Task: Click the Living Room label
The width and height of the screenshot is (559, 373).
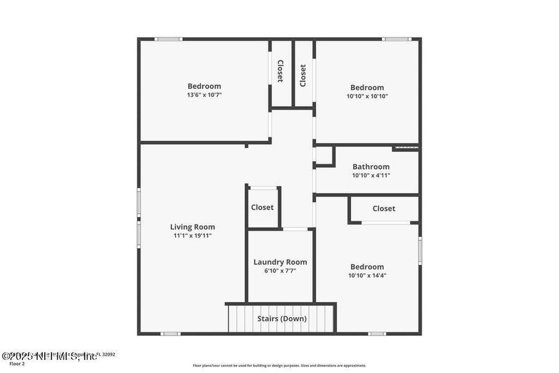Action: click(x=193, y=227)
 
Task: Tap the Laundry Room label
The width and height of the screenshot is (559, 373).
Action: click(x=280, y=262)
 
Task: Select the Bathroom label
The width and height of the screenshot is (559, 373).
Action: click(x=371, y=167)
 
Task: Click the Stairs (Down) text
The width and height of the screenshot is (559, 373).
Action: click(x=282, y=319)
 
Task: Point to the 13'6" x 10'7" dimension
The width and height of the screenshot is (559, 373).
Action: click(x=204, y=95)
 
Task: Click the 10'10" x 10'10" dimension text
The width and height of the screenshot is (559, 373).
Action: click(x=367, y=96)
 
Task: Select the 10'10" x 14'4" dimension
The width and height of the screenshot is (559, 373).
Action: click(x=366, y=275)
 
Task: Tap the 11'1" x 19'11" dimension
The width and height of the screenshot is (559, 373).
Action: click(x=193, y=236)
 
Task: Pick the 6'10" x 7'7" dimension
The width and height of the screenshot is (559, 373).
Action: click(x=280, y=270)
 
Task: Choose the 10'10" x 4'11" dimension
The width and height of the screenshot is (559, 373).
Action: click(x=371, y=175)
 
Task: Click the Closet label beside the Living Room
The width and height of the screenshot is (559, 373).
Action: click(x=262, y=207)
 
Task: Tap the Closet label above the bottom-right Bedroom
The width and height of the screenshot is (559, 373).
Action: click(x=384, y=209)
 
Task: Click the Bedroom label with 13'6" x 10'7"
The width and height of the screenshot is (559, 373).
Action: click(x=204, y=86)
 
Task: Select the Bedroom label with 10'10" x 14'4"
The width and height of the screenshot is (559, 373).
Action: click(x=366, y=267)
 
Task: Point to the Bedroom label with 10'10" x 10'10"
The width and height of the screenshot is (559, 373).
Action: click(x=367, y=88)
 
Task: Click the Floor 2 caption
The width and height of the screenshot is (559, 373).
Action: click(x=17, y=364)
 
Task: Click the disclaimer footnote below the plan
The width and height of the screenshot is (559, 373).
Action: click(x=279, y=366)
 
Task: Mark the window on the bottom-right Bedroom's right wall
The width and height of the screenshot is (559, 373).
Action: click(x=420, y=250)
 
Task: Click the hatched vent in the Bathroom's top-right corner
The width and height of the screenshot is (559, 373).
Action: click(x=406, y=148)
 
